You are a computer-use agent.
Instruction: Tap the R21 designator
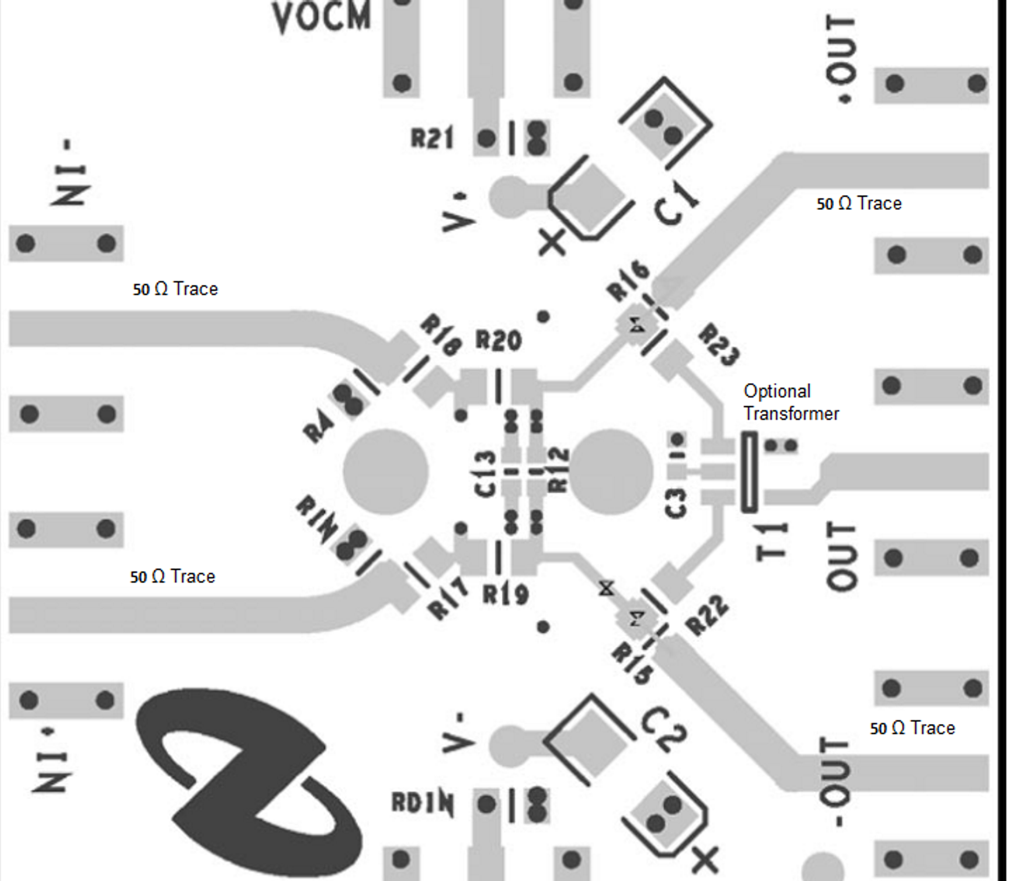(x=431, y=138)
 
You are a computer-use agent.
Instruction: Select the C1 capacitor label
(x=675, y=203)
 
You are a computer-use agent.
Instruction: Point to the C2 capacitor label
(x=664, y=730)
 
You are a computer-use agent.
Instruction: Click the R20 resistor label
(x=498, y=340)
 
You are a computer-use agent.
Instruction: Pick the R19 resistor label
(x=505, y=595)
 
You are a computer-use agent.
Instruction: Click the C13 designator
(x=486, y=473)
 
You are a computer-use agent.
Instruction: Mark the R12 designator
(x=559, y=470)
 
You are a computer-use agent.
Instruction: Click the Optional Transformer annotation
(x=790, y=402)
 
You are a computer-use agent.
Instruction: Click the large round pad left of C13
(x=385, y=471)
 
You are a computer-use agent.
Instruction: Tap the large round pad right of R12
(x=611, y=471)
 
